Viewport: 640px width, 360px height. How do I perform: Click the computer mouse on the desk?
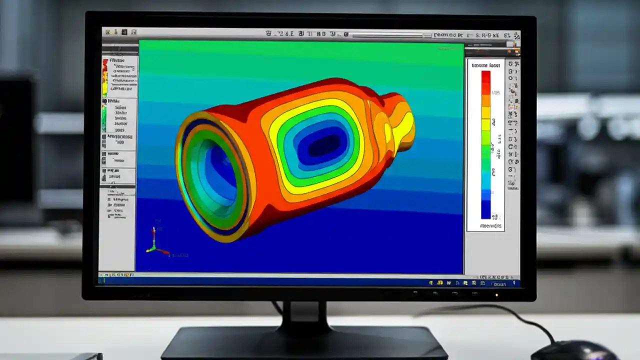click(x=575, y=350)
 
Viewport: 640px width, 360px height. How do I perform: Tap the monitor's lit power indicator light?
click(x=496, y=294)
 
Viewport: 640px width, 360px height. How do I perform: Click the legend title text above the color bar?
click(x=485, y=65)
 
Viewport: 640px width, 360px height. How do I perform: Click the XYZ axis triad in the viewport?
click(x=154, y=243)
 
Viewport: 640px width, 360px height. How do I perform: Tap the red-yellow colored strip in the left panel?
click(x=105, y=78)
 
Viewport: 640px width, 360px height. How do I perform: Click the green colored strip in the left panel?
click(x=104, y=118)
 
